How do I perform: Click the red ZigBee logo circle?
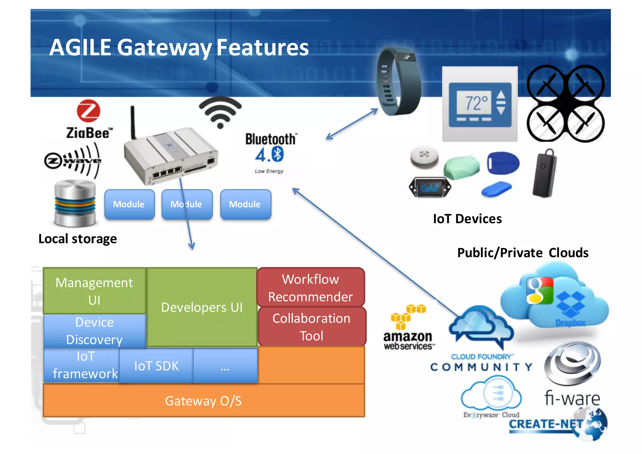pyautogui.click(x=89, y=111)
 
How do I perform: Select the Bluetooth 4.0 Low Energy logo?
pyautogui.click(x=270, y=152)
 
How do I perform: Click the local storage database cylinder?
pyautogui.click(x=75, y=203)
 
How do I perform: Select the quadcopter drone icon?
pyautogui.click(x=566, y=103)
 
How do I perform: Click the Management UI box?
pyautogui.click(x=94, y=291)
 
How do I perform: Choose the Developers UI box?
pyautogui.click(x=202, y=307)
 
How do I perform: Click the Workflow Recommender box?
pyautogui.click(x=310, y=288)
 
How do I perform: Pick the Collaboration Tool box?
pyautogui.click(x=311, y=327)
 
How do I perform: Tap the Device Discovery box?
pyautogui.click(x=94, y=331)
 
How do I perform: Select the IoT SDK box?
pyautogui.click(x=156, y=366)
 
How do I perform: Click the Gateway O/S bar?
pyautogui.click(x=203, y=401)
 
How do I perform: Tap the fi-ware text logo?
pyautogui.click(x=572, y=398)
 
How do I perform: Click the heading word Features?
pyautogui.click(x=263, y=48)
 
